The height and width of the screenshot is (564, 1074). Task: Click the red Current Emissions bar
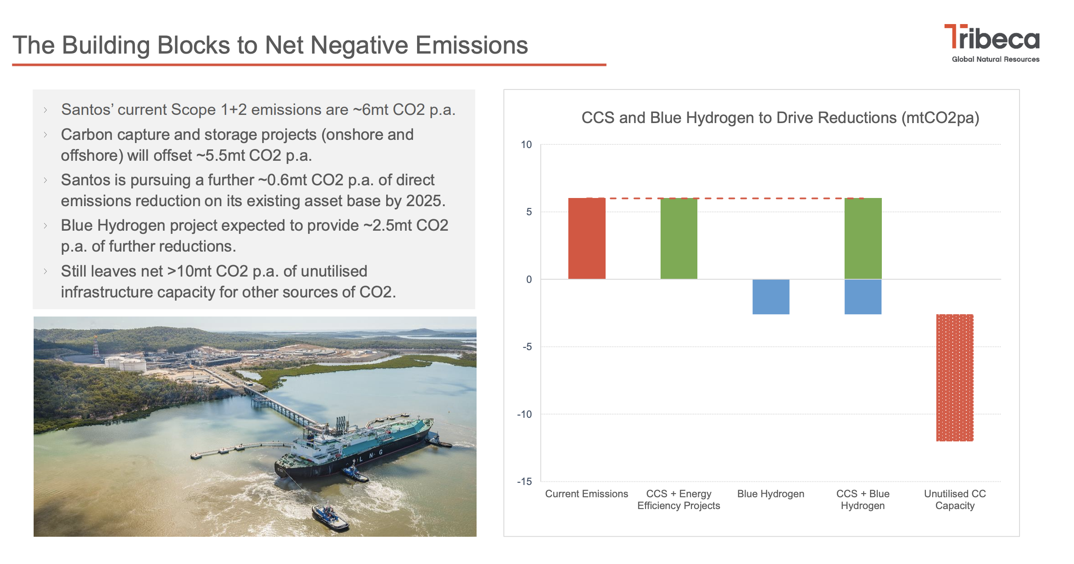[x=587, y=238]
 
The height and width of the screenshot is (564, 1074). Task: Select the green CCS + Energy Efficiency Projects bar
[x=679, y=238]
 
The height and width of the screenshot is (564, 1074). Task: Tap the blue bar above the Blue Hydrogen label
[x=771, y=297]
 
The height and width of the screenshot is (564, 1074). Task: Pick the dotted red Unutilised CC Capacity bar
[x=955, y=377]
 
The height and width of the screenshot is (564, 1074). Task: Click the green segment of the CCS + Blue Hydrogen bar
[x=863, y=238]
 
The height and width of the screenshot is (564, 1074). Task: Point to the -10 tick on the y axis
[x=524, y=414]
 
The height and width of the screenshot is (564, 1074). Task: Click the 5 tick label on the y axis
[x=529, y=212]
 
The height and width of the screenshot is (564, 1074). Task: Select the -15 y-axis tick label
[x=524, y=481]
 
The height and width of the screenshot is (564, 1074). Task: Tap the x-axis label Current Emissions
[x=587, y=494]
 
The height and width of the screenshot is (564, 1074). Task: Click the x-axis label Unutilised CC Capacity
[x=955, y=500]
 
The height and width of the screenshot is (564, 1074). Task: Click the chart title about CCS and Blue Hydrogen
[x=780, y=118]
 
